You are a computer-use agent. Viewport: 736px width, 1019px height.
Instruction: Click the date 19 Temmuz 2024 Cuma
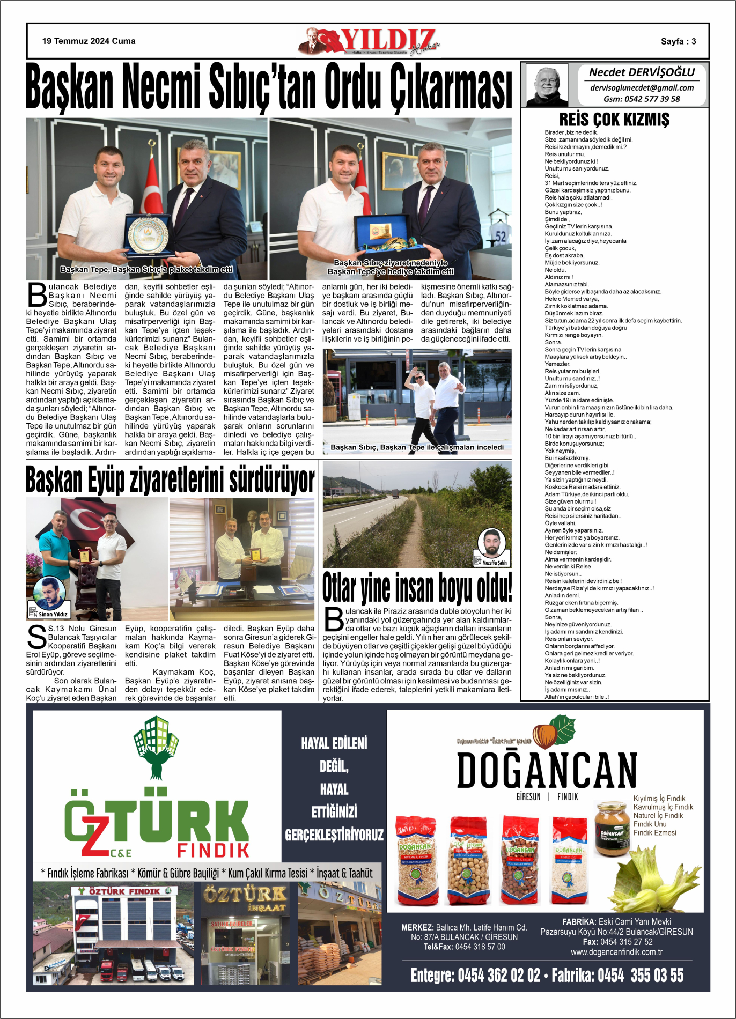coord(89,41)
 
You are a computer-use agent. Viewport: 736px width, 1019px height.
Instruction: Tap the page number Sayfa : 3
coord(678,41)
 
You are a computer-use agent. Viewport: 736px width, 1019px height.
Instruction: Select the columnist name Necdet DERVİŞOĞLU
coord(642,72)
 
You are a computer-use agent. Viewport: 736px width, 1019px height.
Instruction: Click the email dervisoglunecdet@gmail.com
coord(642,87)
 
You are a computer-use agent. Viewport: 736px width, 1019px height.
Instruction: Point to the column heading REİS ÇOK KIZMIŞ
coord(614,119)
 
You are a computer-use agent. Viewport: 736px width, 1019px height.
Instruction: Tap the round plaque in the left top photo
coord(148,235)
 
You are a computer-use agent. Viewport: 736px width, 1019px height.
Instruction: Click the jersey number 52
coord(501,237)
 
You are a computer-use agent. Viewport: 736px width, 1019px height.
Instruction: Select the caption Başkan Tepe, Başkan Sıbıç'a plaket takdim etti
coord(146,269)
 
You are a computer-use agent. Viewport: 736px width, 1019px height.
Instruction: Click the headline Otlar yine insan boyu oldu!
coord(417,588)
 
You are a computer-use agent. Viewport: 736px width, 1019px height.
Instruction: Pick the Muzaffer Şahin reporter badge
coord(492,547)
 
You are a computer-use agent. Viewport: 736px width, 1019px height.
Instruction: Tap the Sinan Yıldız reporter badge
coord(49,597)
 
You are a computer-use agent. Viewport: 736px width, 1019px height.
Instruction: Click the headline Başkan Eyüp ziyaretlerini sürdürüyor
coord(170,479)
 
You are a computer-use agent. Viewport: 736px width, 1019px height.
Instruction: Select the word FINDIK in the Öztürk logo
coord(213,851)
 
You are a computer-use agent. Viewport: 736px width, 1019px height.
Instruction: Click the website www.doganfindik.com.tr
coord(616,952)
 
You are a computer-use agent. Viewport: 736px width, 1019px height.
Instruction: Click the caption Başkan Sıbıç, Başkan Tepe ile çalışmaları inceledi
coord(417,447)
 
